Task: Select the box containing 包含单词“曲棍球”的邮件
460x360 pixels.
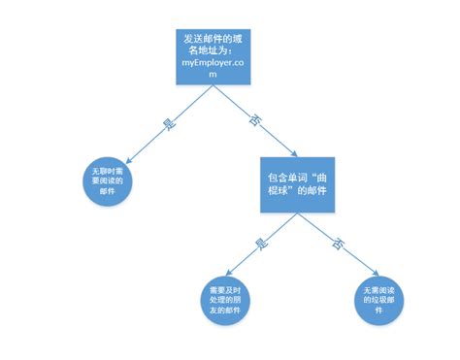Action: (296, 181)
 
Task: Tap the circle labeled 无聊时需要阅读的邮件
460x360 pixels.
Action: (108, 180)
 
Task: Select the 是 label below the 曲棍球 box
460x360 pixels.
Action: (260, 244)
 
